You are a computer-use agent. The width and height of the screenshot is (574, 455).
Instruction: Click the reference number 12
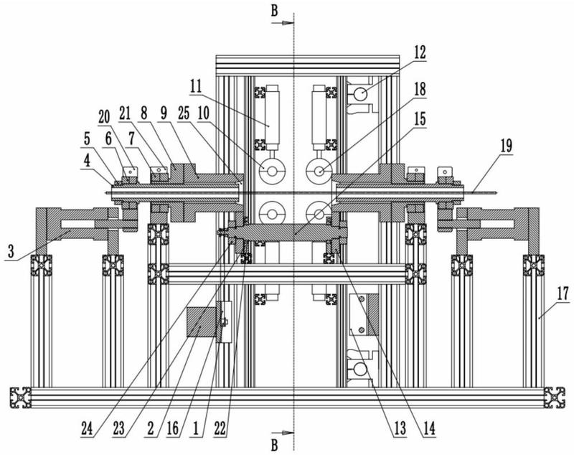tap(420, 52)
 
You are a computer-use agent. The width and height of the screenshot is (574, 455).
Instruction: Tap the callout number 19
tap(506, 146)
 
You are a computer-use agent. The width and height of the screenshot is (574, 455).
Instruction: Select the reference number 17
tap(563, 294)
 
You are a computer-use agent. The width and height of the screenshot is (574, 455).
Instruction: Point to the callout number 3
tap(11, 251)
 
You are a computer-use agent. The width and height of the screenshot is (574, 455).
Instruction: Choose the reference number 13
tap(400, 428)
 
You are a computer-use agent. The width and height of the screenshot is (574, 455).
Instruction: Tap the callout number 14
tap(429, 428)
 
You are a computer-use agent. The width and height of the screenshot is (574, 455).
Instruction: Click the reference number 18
tap(420, 89)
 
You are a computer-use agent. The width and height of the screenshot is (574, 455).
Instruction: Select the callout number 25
tap(184, 113)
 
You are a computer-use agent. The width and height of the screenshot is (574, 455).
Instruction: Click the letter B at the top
tap(274, 11)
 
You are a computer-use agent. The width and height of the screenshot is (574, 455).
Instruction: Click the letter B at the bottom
tap(274, 445)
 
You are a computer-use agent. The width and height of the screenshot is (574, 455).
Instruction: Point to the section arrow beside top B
tap(283, 23)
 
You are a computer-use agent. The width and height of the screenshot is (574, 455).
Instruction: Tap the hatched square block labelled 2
tap(201, 322)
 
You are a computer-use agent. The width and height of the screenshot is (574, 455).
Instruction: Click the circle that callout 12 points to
tap(360, 93)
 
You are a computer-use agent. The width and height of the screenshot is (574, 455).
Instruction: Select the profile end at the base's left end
tap(20, 398)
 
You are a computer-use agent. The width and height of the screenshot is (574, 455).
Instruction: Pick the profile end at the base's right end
tap(554, 398)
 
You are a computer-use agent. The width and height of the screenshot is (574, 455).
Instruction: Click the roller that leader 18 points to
tap(319, 171)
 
